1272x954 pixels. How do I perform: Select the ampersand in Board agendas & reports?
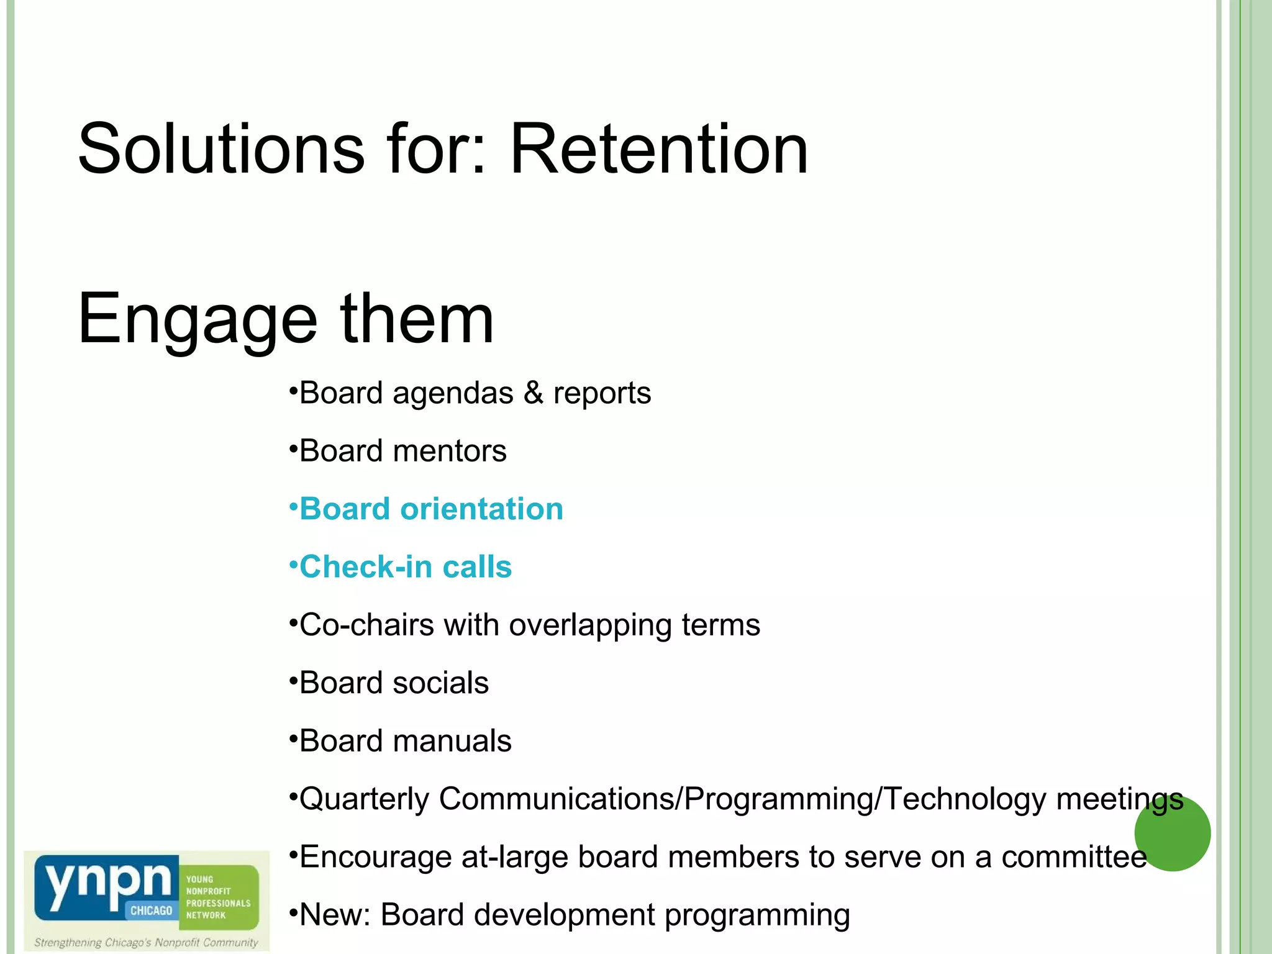coord(533,393)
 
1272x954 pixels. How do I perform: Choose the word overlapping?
coord(590,625)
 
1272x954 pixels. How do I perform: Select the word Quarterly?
coord(364,799)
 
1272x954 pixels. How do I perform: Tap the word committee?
coord(1074,858)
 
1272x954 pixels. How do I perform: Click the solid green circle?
coord(1172,834)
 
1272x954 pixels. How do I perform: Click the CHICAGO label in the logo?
coord(151,911)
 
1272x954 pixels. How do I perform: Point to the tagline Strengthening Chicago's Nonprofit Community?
coord(146,943)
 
